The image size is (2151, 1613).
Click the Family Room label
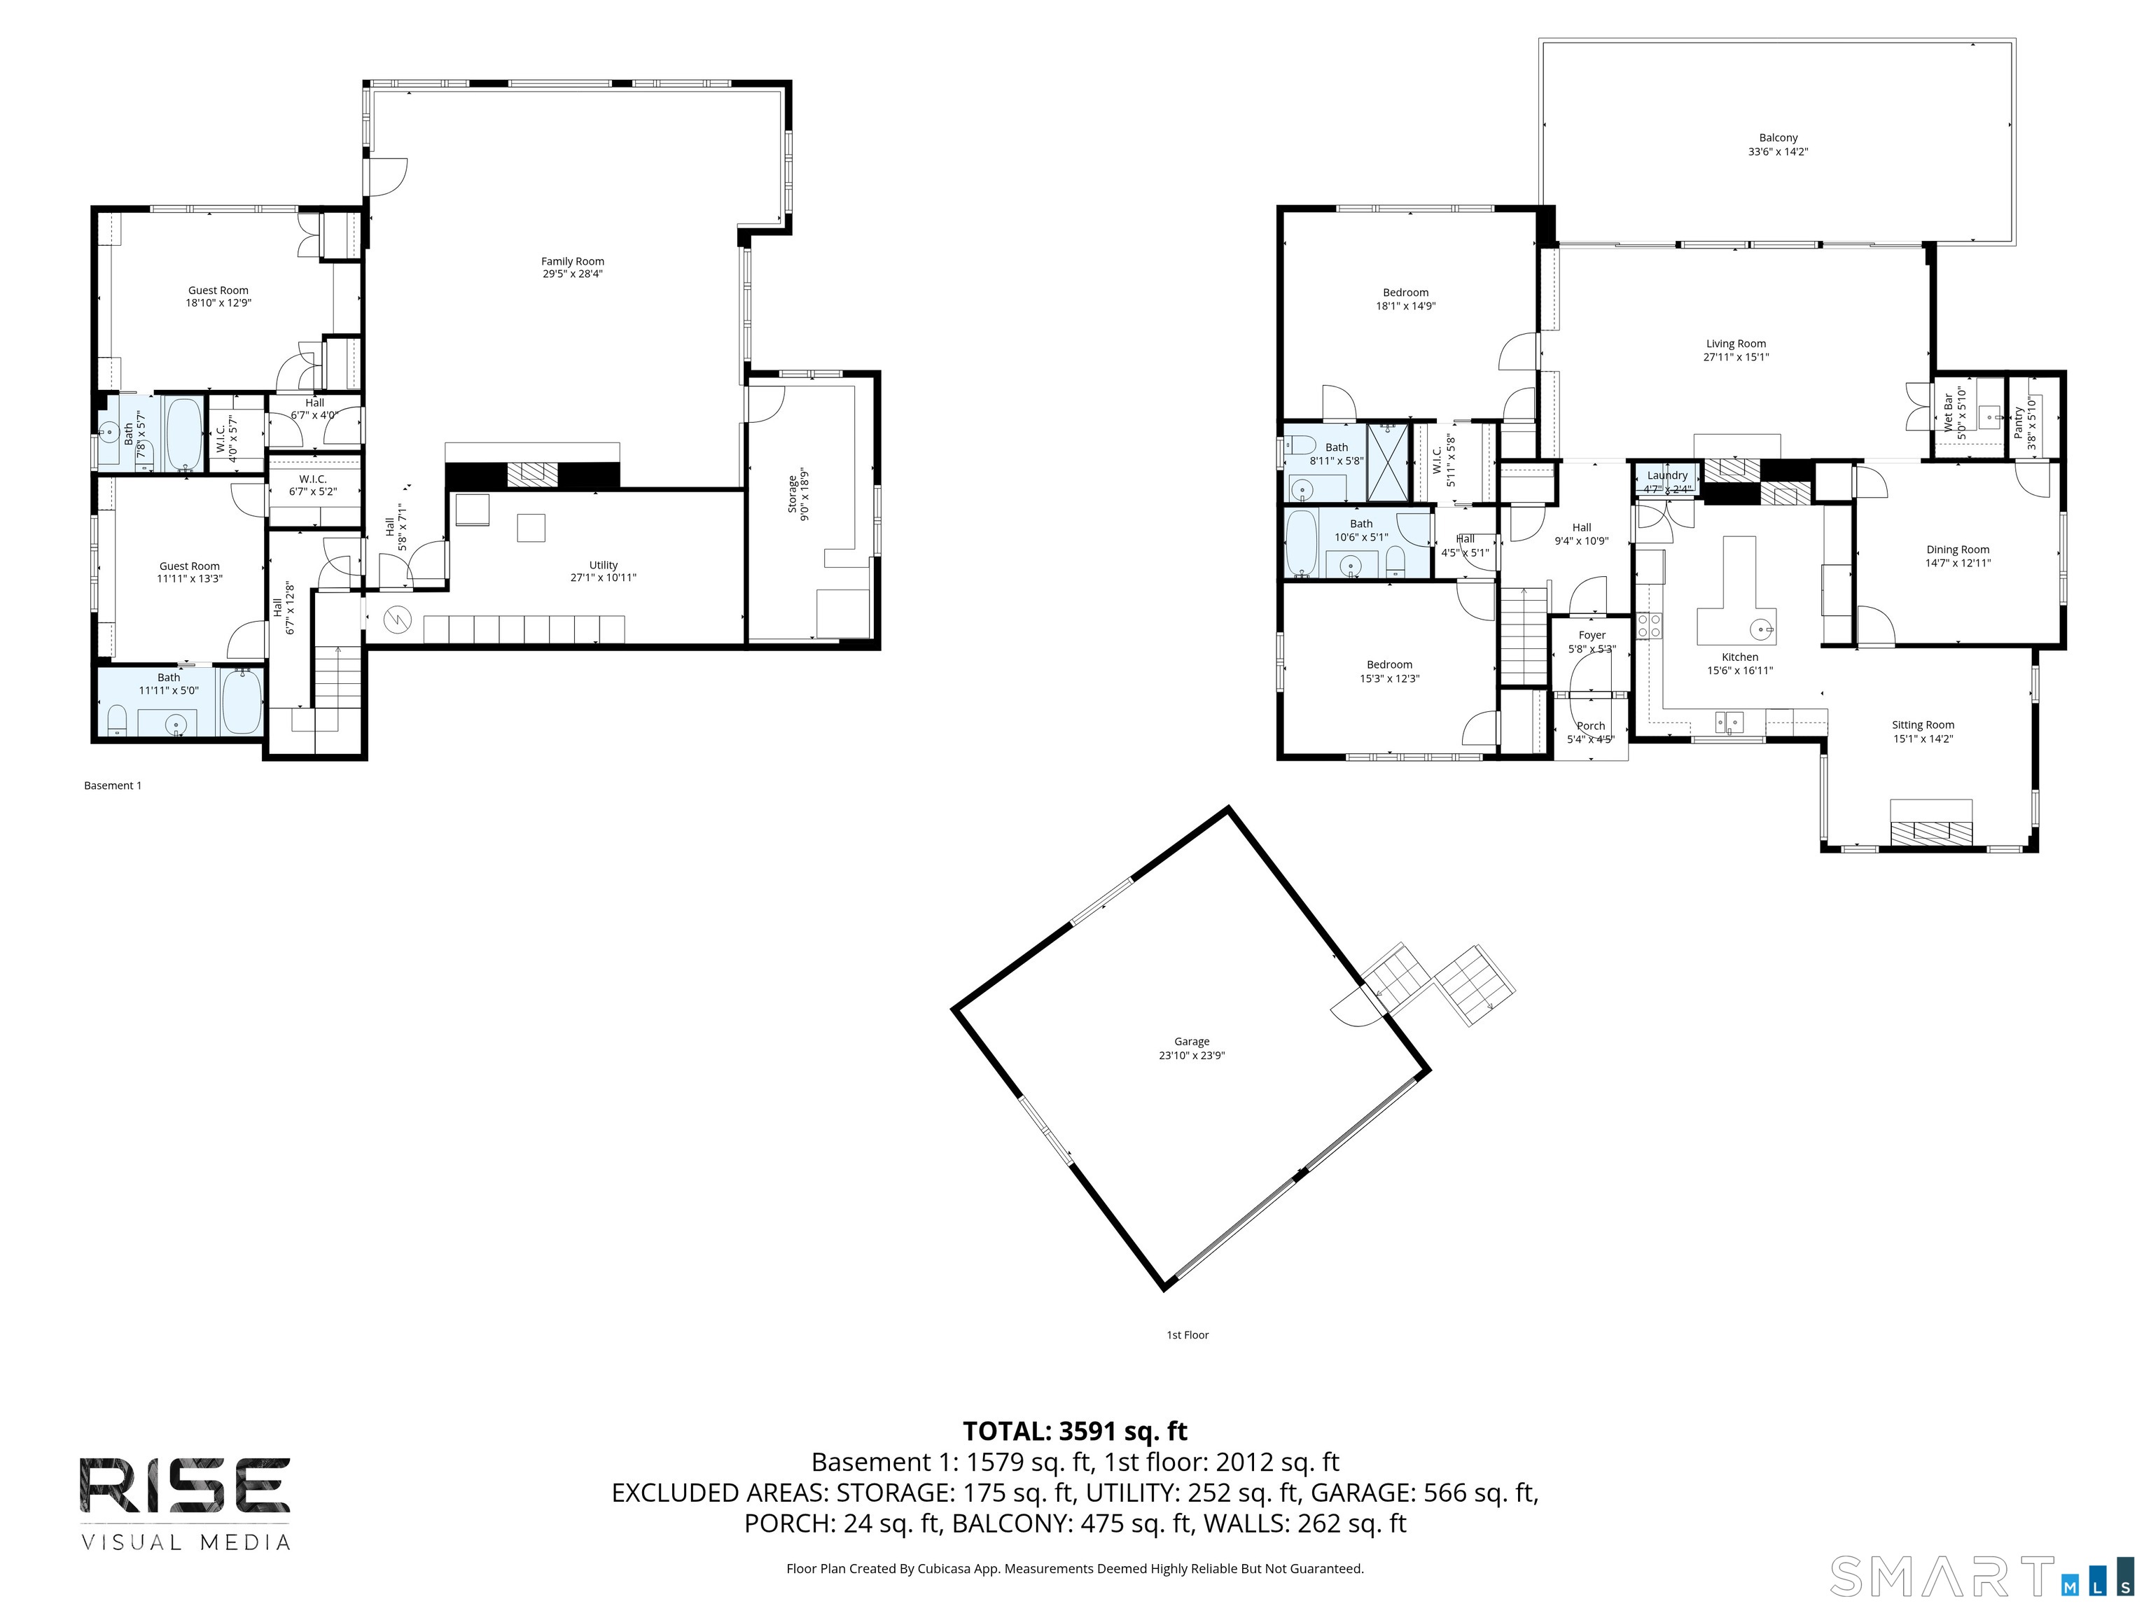tap(573, 262)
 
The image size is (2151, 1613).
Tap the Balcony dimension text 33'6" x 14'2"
tap(1778, 152)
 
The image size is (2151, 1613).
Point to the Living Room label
tap(1736, 344)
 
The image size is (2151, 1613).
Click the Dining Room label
tap(1958, 550)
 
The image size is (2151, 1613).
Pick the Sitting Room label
tap(1923, 725)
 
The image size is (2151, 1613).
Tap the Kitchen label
tap(1740, 657)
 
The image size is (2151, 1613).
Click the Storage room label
tap(793, 495)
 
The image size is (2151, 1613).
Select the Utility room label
tap(603, 565)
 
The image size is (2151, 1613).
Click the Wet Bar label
tap(1948, 413)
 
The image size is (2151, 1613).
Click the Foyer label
tap(1592, 636)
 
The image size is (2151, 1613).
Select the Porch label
tap(1591, 726)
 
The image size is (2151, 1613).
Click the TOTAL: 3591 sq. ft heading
tap(1075, 1431)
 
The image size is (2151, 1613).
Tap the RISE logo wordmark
tap(183, 1486)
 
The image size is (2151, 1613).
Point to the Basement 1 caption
tap(113, 785)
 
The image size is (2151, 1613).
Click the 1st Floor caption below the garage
tap(1188, 1335)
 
